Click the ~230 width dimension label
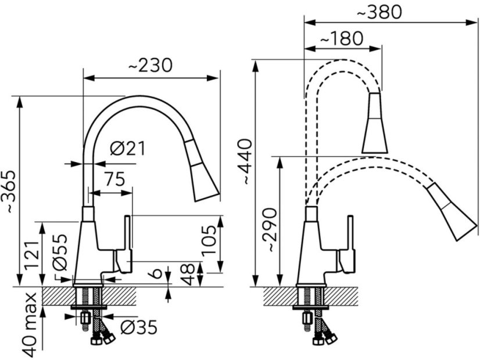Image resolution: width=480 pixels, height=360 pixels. pos(150,66)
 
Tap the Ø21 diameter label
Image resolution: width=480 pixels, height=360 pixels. pos(127,149)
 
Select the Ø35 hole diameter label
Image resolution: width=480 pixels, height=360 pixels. pos(139,329)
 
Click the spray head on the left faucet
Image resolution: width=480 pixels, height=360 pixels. pos(202,172)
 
